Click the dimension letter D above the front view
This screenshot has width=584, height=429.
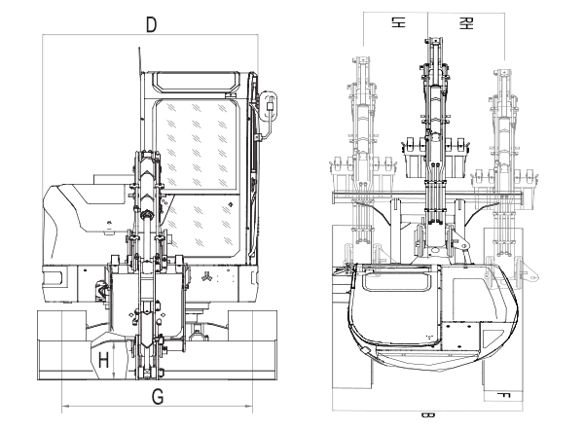point(151,24)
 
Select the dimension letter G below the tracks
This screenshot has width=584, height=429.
point(157,396)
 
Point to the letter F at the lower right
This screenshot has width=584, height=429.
point(502,395)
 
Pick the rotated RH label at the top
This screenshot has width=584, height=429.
point(468,21)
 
